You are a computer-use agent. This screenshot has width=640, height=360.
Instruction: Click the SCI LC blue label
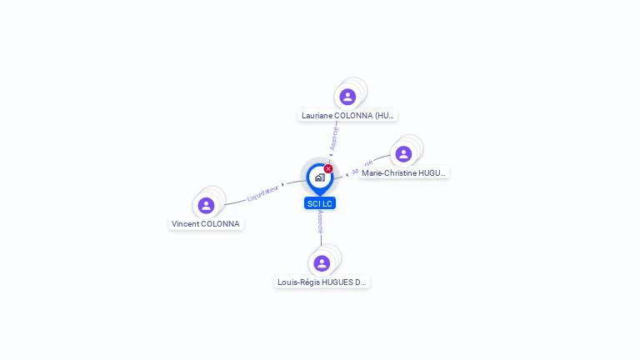[320, 203]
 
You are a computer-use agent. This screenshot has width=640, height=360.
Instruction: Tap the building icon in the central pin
[319, 177]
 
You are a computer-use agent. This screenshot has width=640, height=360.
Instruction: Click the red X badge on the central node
[328, 168]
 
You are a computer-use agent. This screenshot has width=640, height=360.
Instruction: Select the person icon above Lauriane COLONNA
[347, 97]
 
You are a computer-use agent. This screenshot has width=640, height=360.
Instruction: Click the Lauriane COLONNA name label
[347, 116]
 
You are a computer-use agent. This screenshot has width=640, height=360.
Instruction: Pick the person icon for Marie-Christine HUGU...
[403, 154]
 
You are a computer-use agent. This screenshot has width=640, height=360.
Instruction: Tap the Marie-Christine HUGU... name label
[404, 173]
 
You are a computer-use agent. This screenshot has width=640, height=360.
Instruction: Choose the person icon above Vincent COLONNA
[206, 205]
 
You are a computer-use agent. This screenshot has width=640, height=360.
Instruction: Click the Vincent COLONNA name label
[206, 224]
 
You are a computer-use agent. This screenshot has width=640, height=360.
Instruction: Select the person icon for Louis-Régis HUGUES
[322, 263]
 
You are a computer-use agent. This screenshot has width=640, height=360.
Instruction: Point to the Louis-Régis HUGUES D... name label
[322, 282]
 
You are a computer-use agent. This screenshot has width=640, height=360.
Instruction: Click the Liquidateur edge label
[262, 193]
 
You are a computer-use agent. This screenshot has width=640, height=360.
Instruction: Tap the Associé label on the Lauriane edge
[334, 137]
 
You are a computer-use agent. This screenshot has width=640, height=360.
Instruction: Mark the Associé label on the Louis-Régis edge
[321, 221]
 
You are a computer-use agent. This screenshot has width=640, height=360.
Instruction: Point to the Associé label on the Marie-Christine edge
[362, 166]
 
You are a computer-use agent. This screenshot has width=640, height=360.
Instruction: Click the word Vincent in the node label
[186, 224]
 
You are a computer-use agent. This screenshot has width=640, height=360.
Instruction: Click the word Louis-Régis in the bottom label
[297, 282]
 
